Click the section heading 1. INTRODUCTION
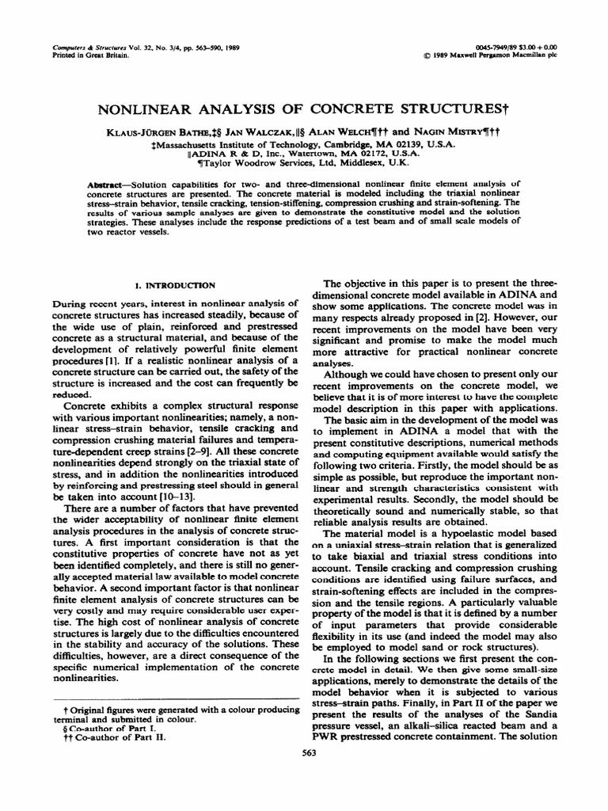173,284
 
